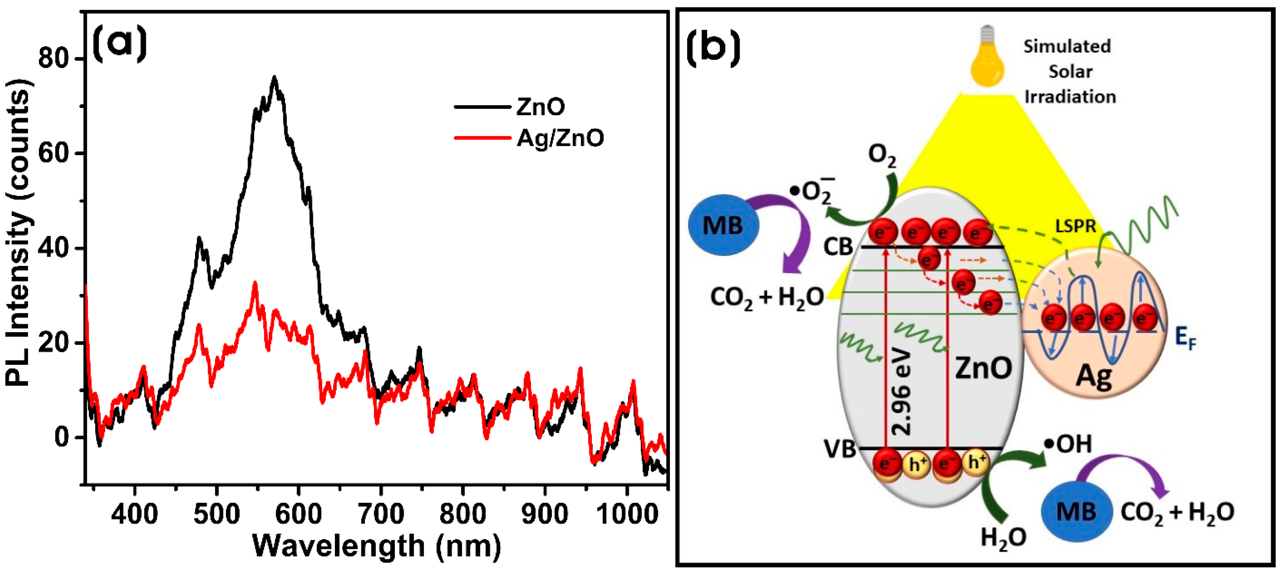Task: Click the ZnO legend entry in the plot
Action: (540, 106)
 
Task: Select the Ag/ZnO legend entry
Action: (560, 138)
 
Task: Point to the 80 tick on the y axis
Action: (53, 59)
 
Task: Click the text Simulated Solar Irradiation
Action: (1069, 71)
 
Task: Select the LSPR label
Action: (1076, 226)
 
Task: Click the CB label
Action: (839, 247)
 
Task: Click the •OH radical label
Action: (1068, 444)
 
